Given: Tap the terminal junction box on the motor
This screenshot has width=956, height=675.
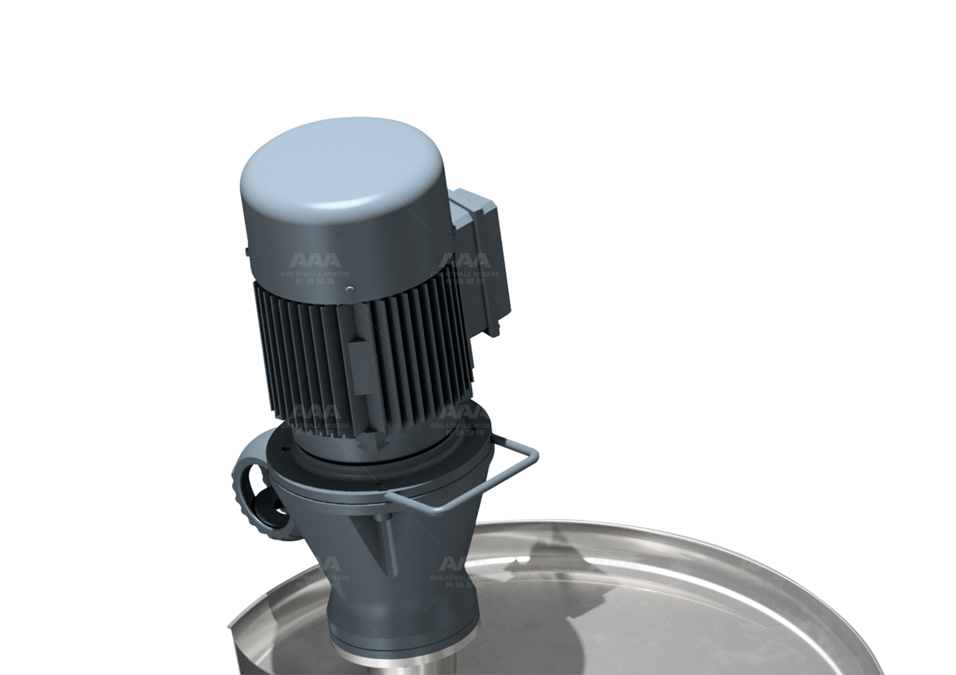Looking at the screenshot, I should pyautogui.click(x=480, y=253).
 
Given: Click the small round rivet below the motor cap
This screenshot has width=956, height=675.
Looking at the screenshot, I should pyautogui.click(x=348, y=291).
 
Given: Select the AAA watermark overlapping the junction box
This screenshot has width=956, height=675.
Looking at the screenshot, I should pyautogui.click(x=465, y=262).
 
